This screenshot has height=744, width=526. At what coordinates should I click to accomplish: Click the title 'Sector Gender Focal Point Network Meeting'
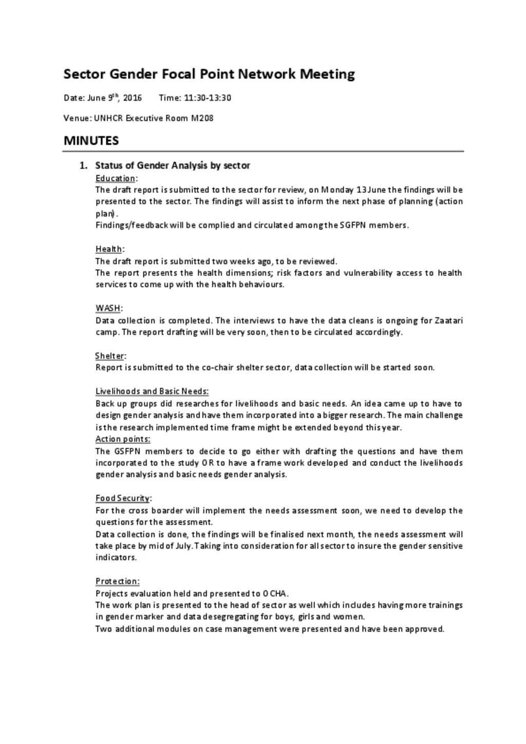[209, 74]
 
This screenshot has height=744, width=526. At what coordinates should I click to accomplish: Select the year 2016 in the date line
[132, 98]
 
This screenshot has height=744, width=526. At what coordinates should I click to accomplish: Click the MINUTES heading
[91, 141]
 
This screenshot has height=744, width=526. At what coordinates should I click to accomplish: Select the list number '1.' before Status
[83, 165]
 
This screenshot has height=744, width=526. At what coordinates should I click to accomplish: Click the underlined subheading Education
[116, 178]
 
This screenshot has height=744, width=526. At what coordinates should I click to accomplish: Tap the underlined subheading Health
[109, 249]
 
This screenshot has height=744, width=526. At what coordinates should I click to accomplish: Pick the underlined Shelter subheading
[110, 356]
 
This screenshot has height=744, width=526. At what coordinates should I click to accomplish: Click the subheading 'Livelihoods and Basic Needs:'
[152, 391]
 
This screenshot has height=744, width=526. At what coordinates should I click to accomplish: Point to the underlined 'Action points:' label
[123, 439]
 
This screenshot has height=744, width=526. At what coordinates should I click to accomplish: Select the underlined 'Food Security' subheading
[123, 498]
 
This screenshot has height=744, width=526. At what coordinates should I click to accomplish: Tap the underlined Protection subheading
[117, 581]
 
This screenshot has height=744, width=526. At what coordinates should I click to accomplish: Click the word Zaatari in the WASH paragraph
[448, 320]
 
